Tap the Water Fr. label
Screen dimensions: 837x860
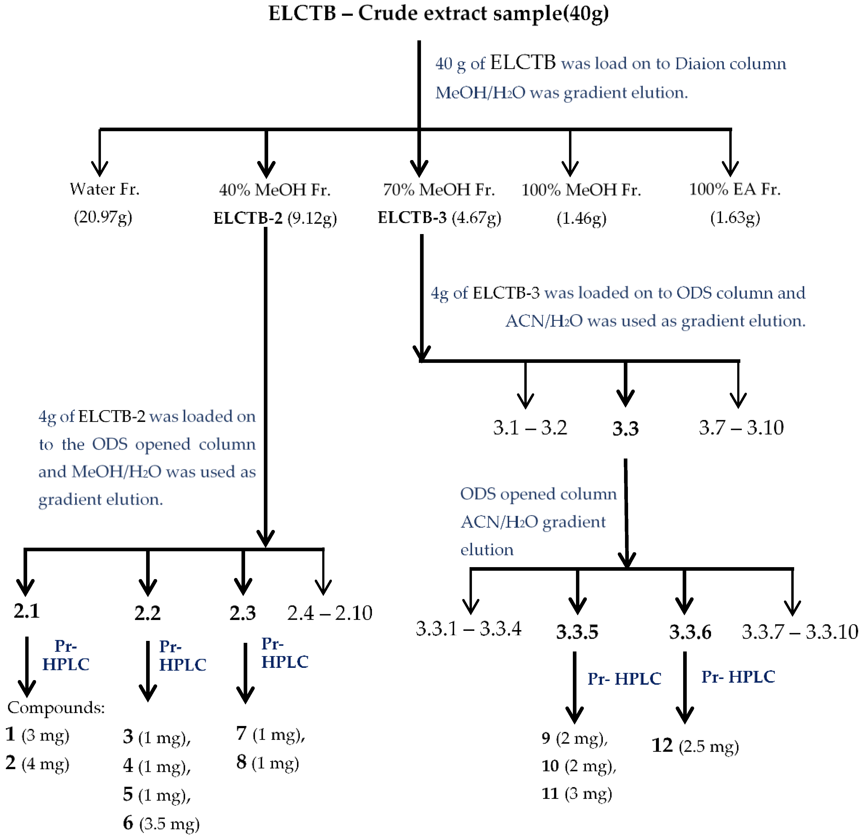click(105, 189)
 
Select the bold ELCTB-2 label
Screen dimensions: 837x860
click(248, 218)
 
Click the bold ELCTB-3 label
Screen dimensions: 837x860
click(412, 218)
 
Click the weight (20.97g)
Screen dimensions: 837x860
click(103, 217)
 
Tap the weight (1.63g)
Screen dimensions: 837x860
click(735, 218)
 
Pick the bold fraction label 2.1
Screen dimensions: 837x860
click(26, 611)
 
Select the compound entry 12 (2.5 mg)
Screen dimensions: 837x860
click(695, 746)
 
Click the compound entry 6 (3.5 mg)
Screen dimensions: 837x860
click(161, 823)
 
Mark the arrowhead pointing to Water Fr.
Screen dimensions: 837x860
click(100, 169)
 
